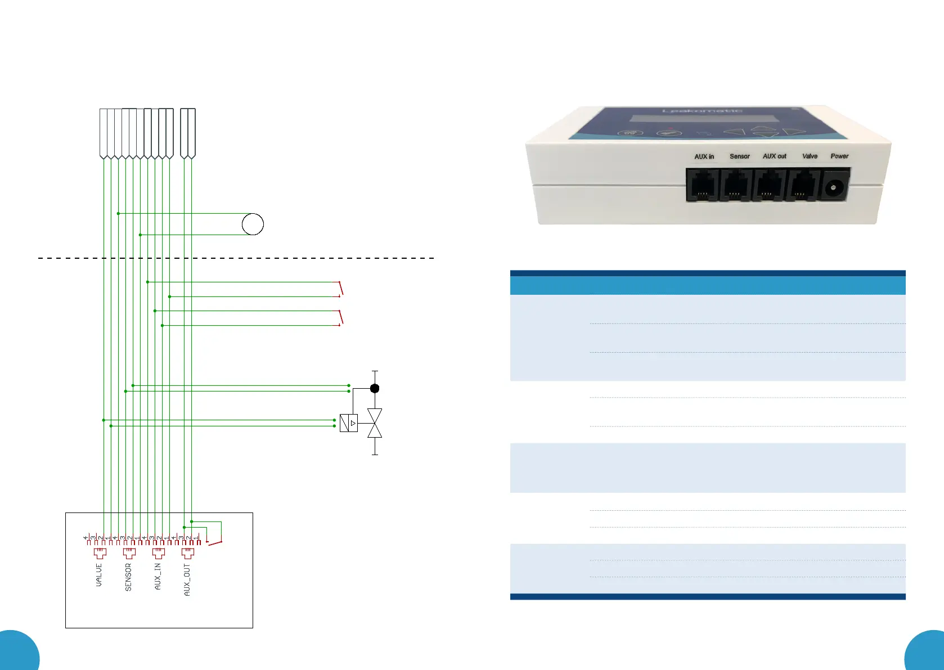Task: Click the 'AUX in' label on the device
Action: [x=704, y=156]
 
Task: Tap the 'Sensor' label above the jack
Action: [x=739, y=156]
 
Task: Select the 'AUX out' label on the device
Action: [x=774, y=156]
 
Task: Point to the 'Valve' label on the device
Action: [x=810, y=156]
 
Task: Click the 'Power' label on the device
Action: [x=839, y=156]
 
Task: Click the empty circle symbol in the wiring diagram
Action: [x=253, y=224]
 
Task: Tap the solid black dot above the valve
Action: [x=375, y=388]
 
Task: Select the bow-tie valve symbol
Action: [x=375, y=423]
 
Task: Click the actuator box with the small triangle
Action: [x=349, y=423]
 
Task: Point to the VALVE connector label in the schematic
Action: [x=99, y=575]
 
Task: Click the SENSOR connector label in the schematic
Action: [x=128, y=577]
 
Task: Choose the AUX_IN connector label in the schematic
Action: [x=158, y=576]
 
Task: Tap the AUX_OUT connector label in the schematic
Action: [x=187, y=579]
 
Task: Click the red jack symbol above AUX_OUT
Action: [x=187, y=552]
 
